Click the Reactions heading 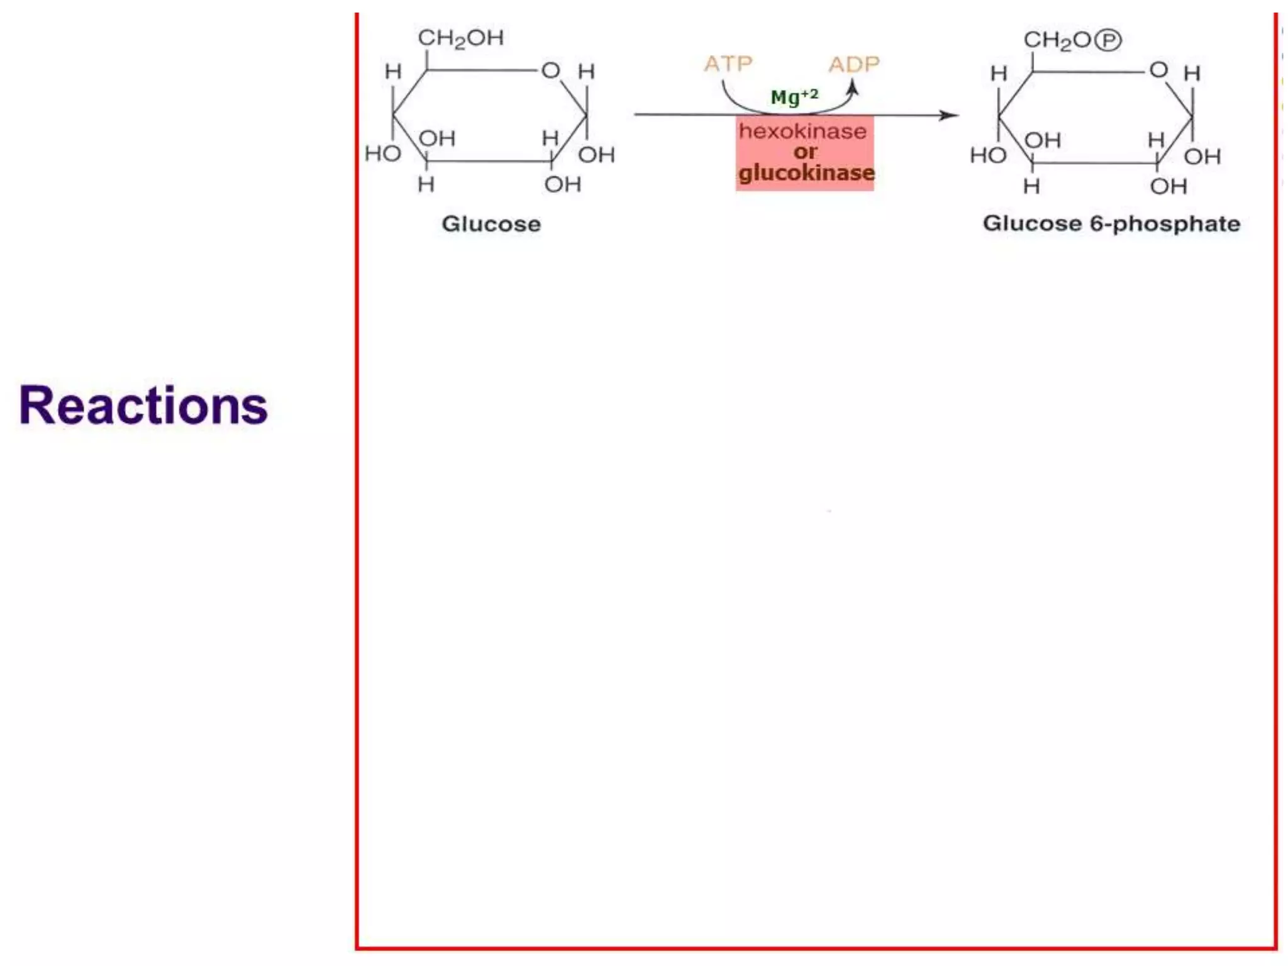click(x=143, y=406)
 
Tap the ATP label click(x=728, y=64)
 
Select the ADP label click(x=854, y=64)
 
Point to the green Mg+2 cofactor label click(x=794, y=97)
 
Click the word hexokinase click(x=802, y=131)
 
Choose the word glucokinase click(x=806, y=173)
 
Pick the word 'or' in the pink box click(x=805, y=152)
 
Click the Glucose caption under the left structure click(x=491, y=224)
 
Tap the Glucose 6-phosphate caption click(x=1111, y=223)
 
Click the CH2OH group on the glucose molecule click(x=461, y=38)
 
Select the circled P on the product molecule click(x=1108, y=40)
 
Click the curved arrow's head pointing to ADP click(x=853, y=88)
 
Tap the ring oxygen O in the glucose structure click(x=550, y=70)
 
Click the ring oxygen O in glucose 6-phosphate click(x=1158, y=70)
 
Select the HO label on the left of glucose click(x=382, y=153)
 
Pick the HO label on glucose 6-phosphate click(x=988, y=155)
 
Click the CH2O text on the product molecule click(x=1058, y=40)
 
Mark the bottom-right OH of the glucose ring click(x=562, y=184)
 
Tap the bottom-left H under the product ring click(x=1031, y=186)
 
